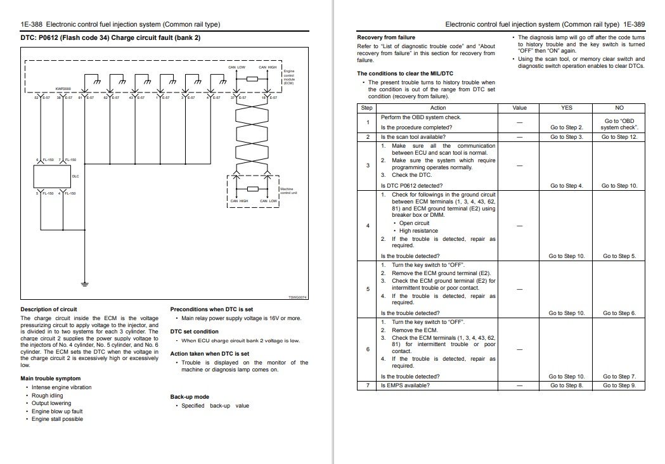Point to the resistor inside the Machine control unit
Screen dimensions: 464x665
coord(253,189)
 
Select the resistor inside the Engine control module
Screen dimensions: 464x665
coord(252,79)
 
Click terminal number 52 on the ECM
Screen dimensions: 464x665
coord(37,98)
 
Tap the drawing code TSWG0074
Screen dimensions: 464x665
coord(297,297)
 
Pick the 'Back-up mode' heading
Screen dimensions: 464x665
coord(190,397)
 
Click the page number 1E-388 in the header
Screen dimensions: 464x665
coord(33,25)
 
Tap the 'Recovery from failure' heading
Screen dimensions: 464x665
coord(386,37)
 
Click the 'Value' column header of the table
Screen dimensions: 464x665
coord(519,108)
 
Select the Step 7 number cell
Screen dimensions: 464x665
coord(367,385)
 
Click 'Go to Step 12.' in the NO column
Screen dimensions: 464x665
coord(619,137)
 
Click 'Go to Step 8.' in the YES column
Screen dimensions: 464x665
coord(566,385)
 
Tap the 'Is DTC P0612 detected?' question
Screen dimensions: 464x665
coord(411,186)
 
